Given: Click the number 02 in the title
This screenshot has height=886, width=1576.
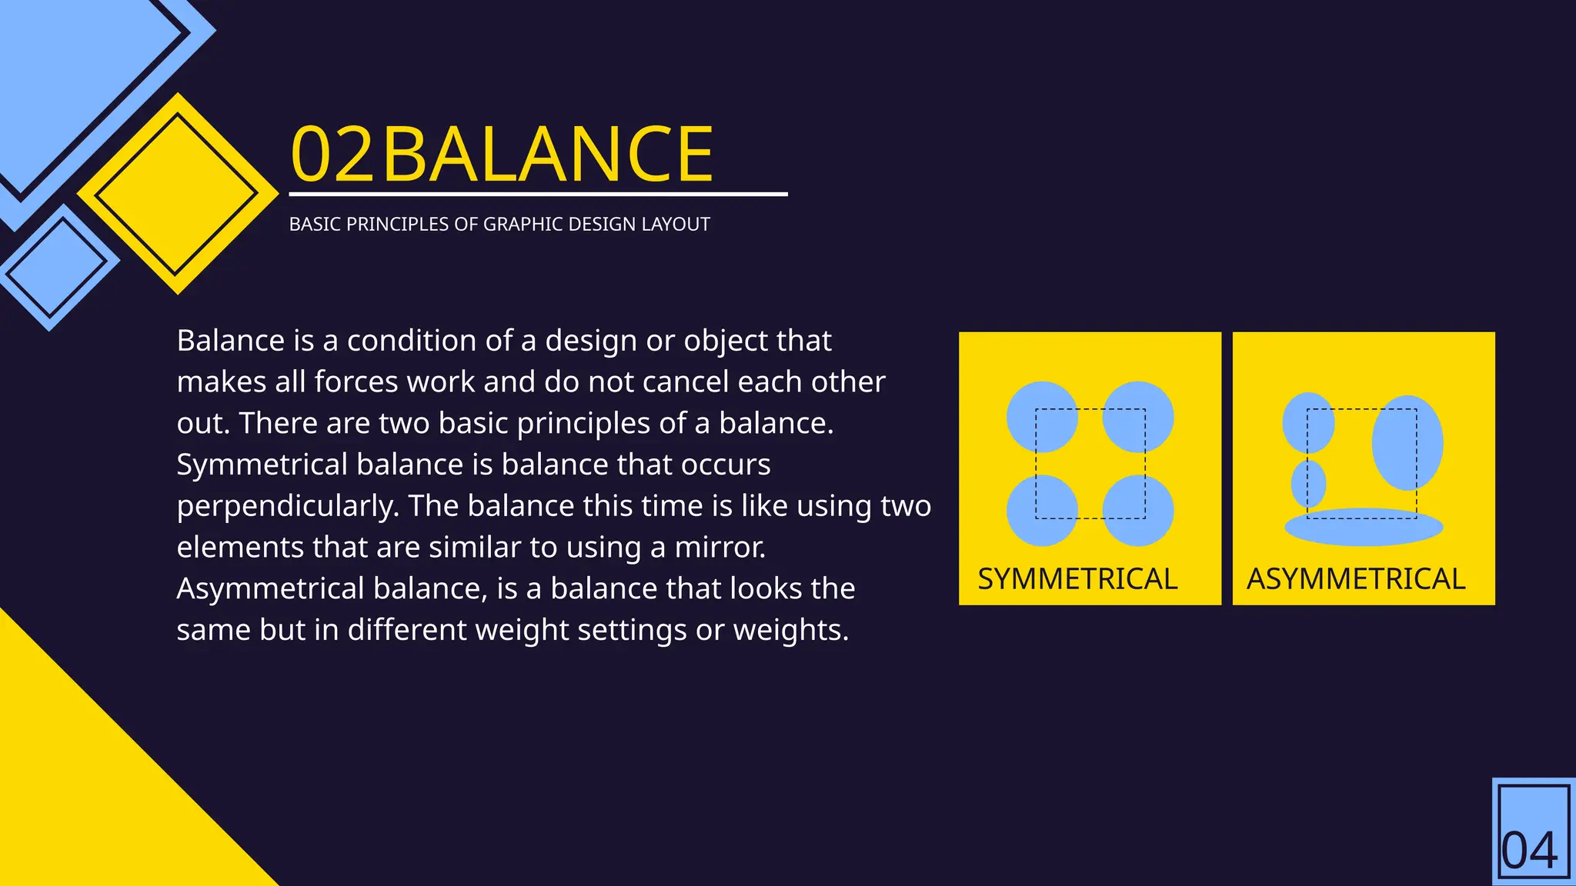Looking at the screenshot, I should coord(332,155).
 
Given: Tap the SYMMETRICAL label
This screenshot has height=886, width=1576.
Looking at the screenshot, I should coord(1077,579).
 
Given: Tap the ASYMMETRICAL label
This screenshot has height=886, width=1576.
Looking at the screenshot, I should coord(1356,579).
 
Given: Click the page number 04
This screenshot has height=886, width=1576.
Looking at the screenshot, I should coord(1530,851).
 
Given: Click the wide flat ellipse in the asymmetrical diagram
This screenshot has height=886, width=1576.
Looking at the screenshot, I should coord(1364,528).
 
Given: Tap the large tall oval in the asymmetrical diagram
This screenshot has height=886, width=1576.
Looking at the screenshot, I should coord(1407,443).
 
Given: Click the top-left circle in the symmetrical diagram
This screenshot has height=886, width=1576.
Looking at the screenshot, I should coord(1041,417).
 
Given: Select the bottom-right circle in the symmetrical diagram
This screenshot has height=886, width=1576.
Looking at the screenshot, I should coord(1138,511).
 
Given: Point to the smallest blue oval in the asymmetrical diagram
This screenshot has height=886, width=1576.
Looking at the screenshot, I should coord(1308,484).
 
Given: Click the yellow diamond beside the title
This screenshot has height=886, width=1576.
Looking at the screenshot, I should coord(178,194).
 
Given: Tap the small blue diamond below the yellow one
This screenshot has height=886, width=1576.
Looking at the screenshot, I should coord(57,266).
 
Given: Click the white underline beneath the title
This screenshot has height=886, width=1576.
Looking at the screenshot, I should coord(538,195).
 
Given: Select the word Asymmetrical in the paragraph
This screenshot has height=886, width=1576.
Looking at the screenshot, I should coord(270,589).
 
